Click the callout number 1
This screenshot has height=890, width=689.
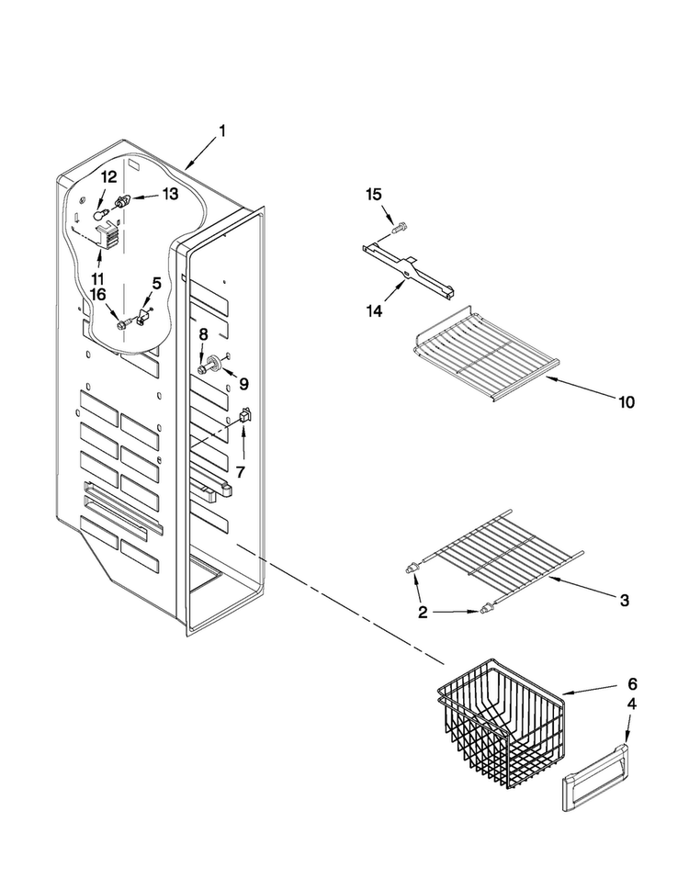click(222, 131)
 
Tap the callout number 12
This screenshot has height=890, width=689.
click(109, 177)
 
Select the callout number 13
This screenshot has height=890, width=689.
click(170, 194)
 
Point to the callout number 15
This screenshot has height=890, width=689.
click(374, 195)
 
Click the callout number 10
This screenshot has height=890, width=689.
click(627, 402)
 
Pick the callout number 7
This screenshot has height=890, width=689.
click(241, 472)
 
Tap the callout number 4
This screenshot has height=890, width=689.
click(632, 704)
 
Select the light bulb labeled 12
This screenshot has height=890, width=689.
click(100, 214)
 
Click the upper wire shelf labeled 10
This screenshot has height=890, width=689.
click(482, 353)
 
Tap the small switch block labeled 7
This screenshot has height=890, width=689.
click(246, 415)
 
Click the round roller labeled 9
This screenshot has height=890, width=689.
click(216, 362)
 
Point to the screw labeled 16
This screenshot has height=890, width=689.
click(123, 324)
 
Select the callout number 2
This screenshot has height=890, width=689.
click(423, 613)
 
